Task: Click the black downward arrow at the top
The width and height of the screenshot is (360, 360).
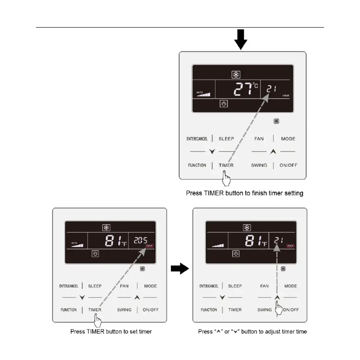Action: click(240, 41)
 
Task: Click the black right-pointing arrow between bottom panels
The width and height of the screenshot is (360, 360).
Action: click(179, 269)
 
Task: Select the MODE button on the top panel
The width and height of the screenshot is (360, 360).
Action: click(288, 139)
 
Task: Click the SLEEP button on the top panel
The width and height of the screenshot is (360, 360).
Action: click(226, 139)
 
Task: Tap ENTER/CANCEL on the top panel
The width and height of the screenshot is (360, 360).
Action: click(197, 139)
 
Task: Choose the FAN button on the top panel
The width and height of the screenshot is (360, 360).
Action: click(259, 139)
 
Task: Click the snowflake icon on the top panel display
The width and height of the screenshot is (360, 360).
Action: click(236, 74)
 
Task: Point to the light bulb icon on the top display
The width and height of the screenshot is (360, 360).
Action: click(223, 104)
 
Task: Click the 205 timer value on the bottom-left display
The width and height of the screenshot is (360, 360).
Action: click(141, 240)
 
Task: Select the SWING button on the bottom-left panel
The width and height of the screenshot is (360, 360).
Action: click(124, 310)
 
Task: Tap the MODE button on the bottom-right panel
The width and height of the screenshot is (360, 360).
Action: click(291, 286)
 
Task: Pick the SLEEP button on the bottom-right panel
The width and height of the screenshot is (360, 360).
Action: click(235, 286)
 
